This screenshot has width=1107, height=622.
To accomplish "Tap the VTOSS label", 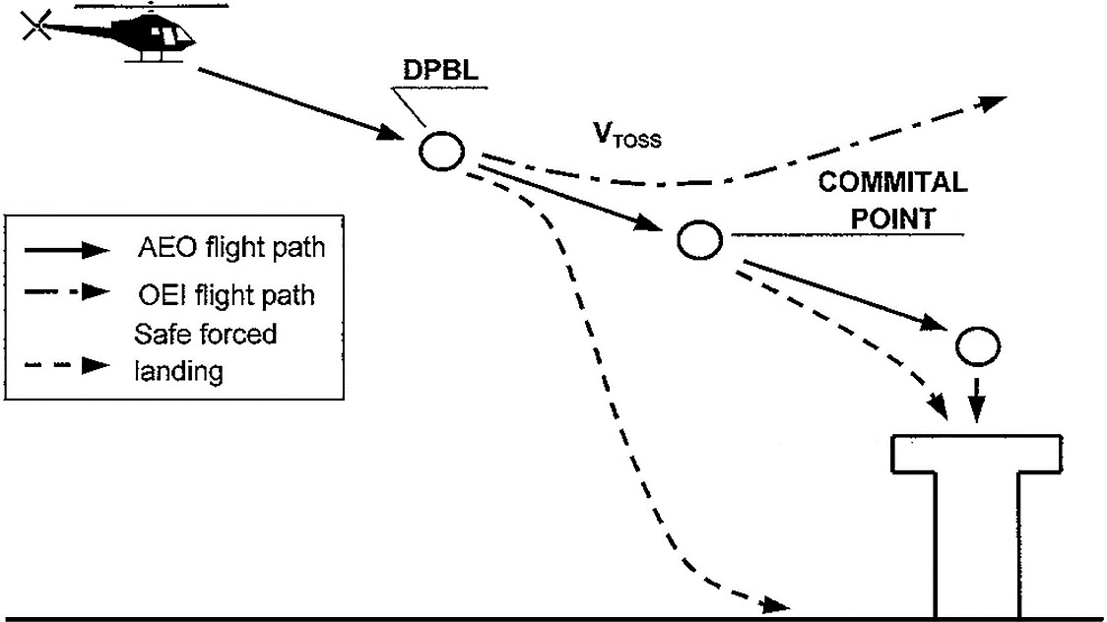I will (x=625, y=137).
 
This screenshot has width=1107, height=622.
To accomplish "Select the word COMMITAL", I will (x=893, y=184).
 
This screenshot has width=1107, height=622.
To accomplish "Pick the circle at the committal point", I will (x=698, y=239).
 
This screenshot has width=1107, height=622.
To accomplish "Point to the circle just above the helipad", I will (x=978, y=344).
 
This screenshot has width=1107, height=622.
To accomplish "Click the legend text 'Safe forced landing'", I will (x=205, y=352).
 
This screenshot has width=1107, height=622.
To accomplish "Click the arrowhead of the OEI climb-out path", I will (x=995, y=100).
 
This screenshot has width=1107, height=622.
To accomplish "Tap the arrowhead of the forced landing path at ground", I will (x=778, y=603).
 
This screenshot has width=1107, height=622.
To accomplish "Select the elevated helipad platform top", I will (x=975, y=453).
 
